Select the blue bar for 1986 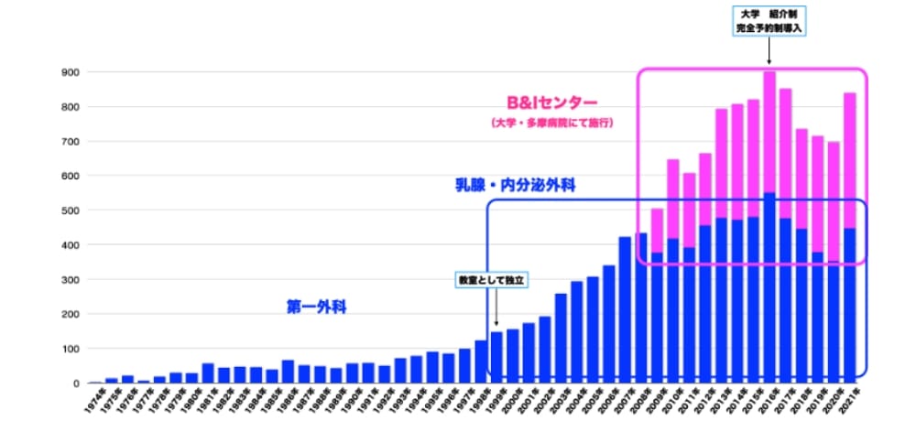click(288, 371)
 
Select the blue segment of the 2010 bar click(673, 310)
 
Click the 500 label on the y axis click(71, 210)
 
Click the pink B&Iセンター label click(552, 103)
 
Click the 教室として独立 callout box click(494, 278)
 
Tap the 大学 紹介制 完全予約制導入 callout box click(769, 21)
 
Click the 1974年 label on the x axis click(94, 399)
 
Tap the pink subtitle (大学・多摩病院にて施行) click(551, 123)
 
